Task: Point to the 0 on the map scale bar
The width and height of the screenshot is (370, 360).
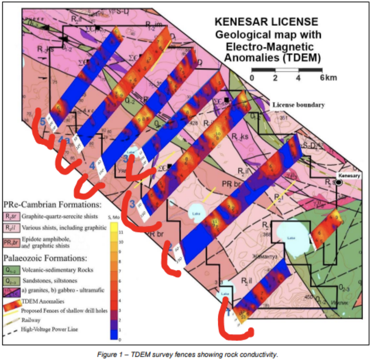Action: pyautogui.click(x=252, y=77)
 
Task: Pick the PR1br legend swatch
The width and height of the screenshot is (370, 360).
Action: pyautogui.click(x=10, y=242)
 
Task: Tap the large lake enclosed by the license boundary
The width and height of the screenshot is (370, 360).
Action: pyautogui.click(x=290, y=237)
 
